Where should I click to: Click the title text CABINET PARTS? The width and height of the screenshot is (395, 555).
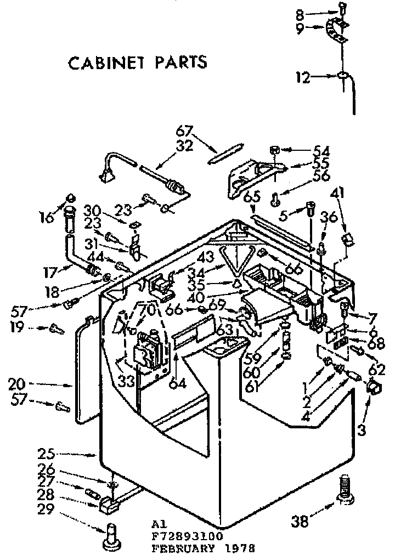point(137,62)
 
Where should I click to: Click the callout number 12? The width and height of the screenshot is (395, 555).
point(303,77)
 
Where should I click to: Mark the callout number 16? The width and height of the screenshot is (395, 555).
point(48,217)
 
